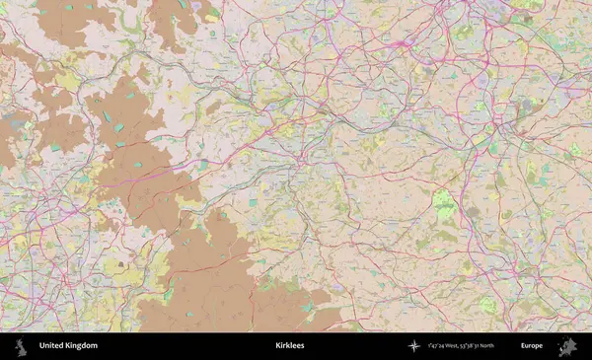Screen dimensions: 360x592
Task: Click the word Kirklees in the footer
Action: (x=290, y=346)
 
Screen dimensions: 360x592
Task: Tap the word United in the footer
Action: (x=52, y=346)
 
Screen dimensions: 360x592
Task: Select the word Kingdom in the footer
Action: (x=82, y=346)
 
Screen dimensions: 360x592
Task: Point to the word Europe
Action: (x=532, y=346)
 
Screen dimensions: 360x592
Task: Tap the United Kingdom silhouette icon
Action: (x=19, y=346)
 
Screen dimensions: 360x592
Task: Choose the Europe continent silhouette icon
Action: (x=566, y=346)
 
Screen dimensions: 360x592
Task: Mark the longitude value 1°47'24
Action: (x=437, y=346)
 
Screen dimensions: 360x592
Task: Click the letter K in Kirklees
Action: (x=278, y=346)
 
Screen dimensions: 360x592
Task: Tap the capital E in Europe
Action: (x=523, y=346)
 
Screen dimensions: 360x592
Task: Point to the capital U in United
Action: (x=40, y=346)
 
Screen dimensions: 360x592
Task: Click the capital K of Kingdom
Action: (x=68, y=346)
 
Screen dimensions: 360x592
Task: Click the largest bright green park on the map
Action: (x=444, y=204)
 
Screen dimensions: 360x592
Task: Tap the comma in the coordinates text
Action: (x=461, y=348)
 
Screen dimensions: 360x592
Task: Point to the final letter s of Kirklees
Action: (x=302, y=346)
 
